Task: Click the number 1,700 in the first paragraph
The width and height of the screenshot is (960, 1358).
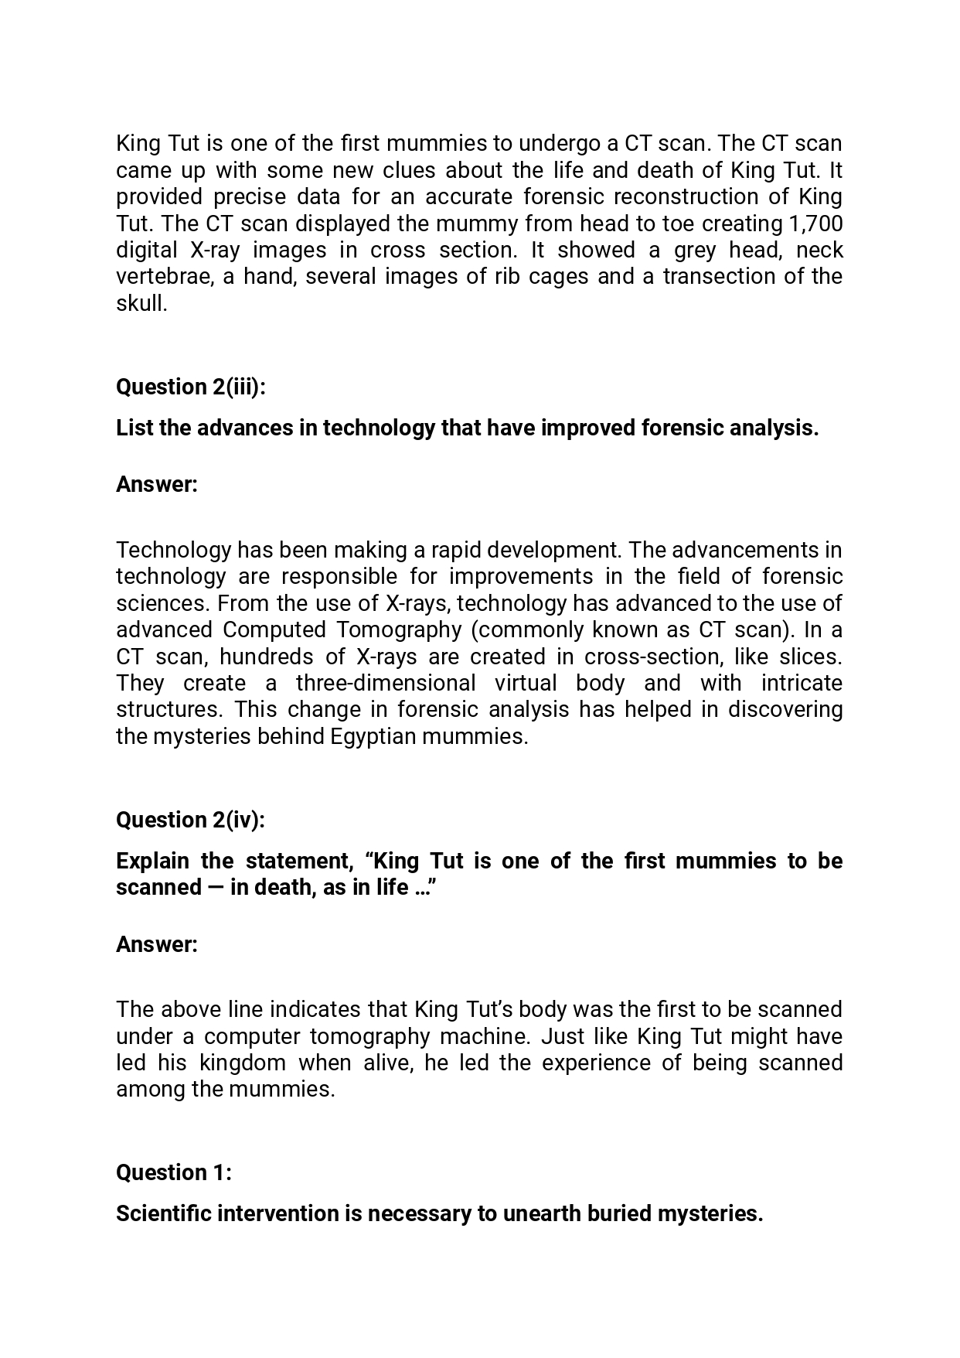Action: pos(815,223)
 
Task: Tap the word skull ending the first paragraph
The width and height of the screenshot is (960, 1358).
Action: pos(141,303)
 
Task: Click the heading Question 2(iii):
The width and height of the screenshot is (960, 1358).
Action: pos(191,387)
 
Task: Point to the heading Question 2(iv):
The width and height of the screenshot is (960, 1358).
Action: pos(190,820)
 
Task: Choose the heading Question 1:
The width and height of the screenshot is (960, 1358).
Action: pos(174,1172)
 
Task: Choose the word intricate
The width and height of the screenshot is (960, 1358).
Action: pos(802,683)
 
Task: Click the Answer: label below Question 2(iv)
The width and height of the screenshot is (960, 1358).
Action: pos(157,944)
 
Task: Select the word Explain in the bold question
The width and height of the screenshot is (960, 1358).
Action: pos(152,861)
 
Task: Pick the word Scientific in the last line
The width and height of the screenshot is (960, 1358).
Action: pos(163,1213)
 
